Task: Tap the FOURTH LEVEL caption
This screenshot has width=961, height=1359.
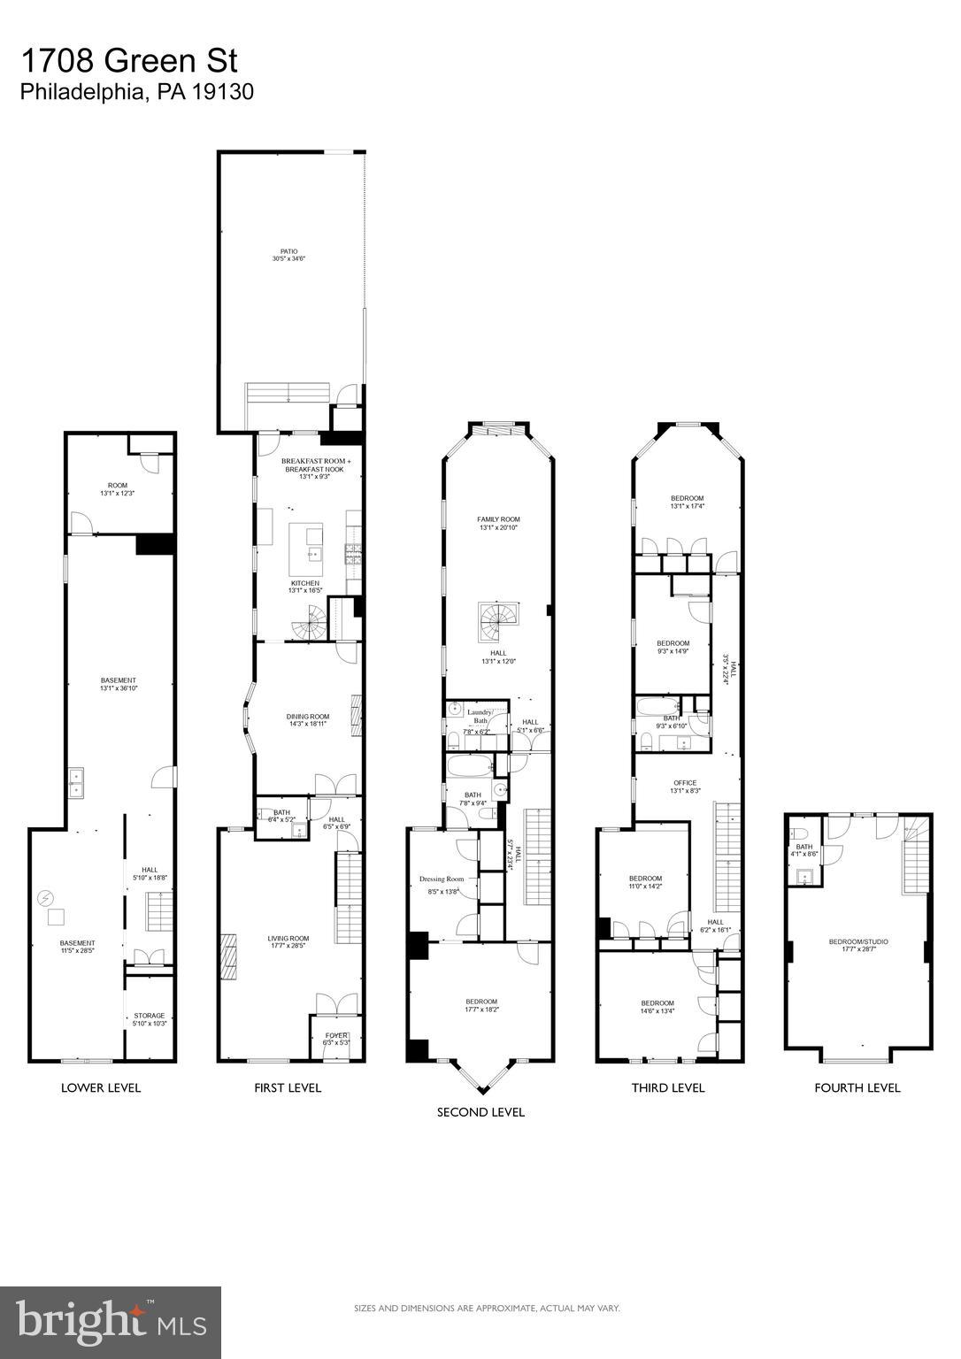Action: point(857,1088)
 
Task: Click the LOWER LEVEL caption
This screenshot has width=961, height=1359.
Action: point(100,1088)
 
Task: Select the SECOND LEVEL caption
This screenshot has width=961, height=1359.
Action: point(480,1112)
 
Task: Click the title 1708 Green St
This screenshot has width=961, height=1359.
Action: point(129,61)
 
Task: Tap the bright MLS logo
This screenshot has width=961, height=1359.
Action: point(111,1322)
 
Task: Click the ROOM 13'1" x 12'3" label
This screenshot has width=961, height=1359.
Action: point(118,489)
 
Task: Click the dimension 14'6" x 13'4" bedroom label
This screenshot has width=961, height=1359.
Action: point(657,1008)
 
